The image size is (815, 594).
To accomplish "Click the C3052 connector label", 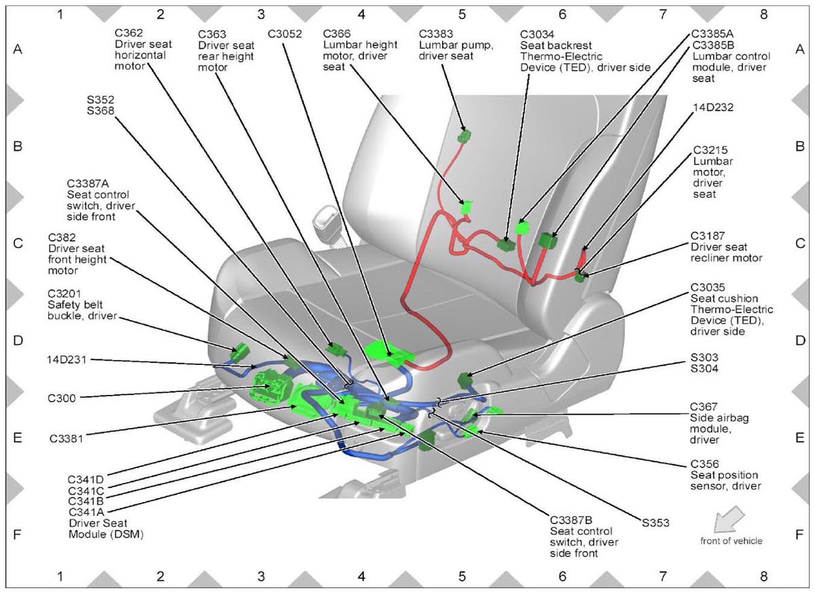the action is pyautogui.click(x=285, y=34).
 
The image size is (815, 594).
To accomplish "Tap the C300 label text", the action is pyautogui.click(x=62, y=398).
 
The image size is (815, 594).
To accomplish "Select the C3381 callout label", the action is pyautogui.click(x=67, y=438).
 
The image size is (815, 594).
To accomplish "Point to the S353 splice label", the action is pyautogui.click(x=655, y=523).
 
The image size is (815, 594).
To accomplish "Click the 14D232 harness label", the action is pyautogui.click(x=713, y=107).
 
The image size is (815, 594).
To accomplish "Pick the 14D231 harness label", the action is pyautogui.click(x=67, y=360).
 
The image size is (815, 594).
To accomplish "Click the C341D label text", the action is pyautogui.click(x=86, y=479).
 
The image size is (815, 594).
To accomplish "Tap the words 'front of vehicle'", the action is pyautogui.click(x=731, y=541).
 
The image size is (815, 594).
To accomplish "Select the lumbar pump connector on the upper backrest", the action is pyautogui.click(x=464, y=136).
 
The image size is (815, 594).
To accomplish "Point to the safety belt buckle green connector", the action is pyautogui.click(x=239, y=352).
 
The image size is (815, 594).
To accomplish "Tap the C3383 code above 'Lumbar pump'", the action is pyautogui.click(x=436, y=34).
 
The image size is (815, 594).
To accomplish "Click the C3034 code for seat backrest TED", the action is pyautogui.click(x=537, y=34).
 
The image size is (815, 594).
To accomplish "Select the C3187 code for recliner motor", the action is pyautogui.click(x=708, y=236).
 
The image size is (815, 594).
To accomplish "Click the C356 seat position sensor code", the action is pyautogui.click(x=705, y=464).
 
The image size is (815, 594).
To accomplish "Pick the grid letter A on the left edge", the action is pyautogui.click(x=18, y=49).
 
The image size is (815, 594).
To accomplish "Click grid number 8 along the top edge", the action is pyautogui.click(x=763, y=14).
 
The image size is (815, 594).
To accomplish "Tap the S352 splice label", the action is pyautogui.click(x=101, y=99).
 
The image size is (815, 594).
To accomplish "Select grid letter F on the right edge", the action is pyautogui.click(x=799, y=535).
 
